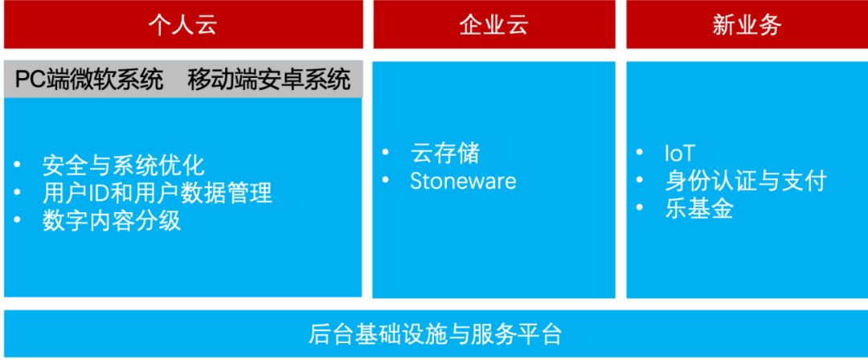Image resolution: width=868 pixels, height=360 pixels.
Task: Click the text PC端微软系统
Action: click(89, 80)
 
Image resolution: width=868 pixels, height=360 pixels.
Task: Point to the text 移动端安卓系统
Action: click(269, 80)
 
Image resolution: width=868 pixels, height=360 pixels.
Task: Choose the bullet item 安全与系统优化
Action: click(124, 166)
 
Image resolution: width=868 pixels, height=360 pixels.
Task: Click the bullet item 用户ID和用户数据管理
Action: click(158, 194)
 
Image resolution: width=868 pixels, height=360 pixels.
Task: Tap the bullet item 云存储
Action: click(444, 153)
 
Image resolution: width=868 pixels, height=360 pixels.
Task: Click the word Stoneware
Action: click(463, 181)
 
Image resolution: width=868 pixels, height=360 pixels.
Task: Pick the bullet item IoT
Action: click(679, 153)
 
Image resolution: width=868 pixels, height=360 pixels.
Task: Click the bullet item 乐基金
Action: click(699, 209)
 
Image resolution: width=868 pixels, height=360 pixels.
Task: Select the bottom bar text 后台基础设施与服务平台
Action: click(435, 334)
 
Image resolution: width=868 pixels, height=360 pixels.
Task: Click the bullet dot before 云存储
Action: click(386, 152)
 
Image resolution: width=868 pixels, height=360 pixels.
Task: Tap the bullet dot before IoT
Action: click(640, 152)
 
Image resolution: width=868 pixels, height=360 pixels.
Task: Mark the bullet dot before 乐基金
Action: click(640, 207)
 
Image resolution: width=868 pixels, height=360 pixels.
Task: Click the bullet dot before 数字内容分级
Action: click(17, 220)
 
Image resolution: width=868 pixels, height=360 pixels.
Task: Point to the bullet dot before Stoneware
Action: click(386, 180)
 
